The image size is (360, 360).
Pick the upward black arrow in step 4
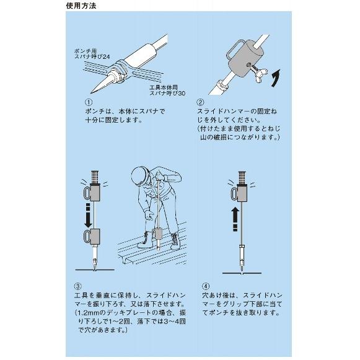(234, 217)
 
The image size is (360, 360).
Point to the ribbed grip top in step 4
(240, 175)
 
